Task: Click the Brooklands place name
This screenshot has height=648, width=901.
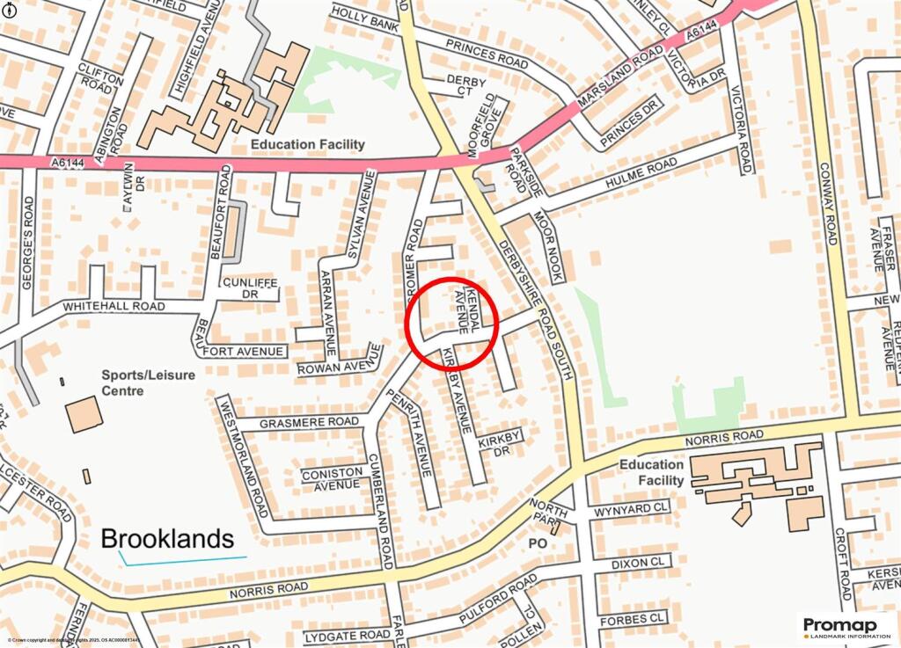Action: pos(167,538)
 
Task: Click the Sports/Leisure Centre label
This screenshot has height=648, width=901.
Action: pos(149,382)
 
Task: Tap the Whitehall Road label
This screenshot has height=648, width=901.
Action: pos(114,306)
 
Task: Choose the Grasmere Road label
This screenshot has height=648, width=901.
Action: pos(310,421)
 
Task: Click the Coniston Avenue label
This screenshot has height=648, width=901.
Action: pos(331,477)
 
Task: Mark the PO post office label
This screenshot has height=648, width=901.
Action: pos(538,542)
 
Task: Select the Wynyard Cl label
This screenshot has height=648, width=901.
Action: pos(631,508)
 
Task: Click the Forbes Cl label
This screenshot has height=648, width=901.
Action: pos(631,619)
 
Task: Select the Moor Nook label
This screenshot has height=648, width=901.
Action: pos(547,247)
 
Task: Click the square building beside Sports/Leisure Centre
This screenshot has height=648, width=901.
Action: pos(84,414)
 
